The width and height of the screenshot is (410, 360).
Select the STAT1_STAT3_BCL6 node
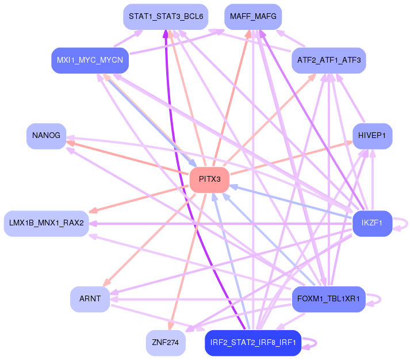tap(166, 17)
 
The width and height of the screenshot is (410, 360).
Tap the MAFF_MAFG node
tap(253, 17)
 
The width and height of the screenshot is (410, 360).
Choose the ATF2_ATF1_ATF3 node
tap(328, 60)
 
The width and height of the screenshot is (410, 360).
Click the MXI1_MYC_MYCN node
tap(90, 60)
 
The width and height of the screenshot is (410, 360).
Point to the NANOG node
tap(46, 136)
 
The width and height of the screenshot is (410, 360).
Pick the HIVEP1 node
tap(372, 136)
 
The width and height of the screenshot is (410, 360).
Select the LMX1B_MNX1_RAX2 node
tap(47, 223)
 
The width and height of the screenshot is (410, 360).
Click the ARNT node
tap(90, 299)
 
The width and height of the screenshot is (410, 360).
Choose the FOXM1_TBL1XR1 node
tap(328, 299)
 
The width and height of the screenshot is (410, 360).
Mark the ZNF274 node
tap(166, 343)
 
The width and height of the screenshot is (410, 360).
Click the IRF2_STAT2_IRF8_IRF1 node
tap(253, 343)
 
